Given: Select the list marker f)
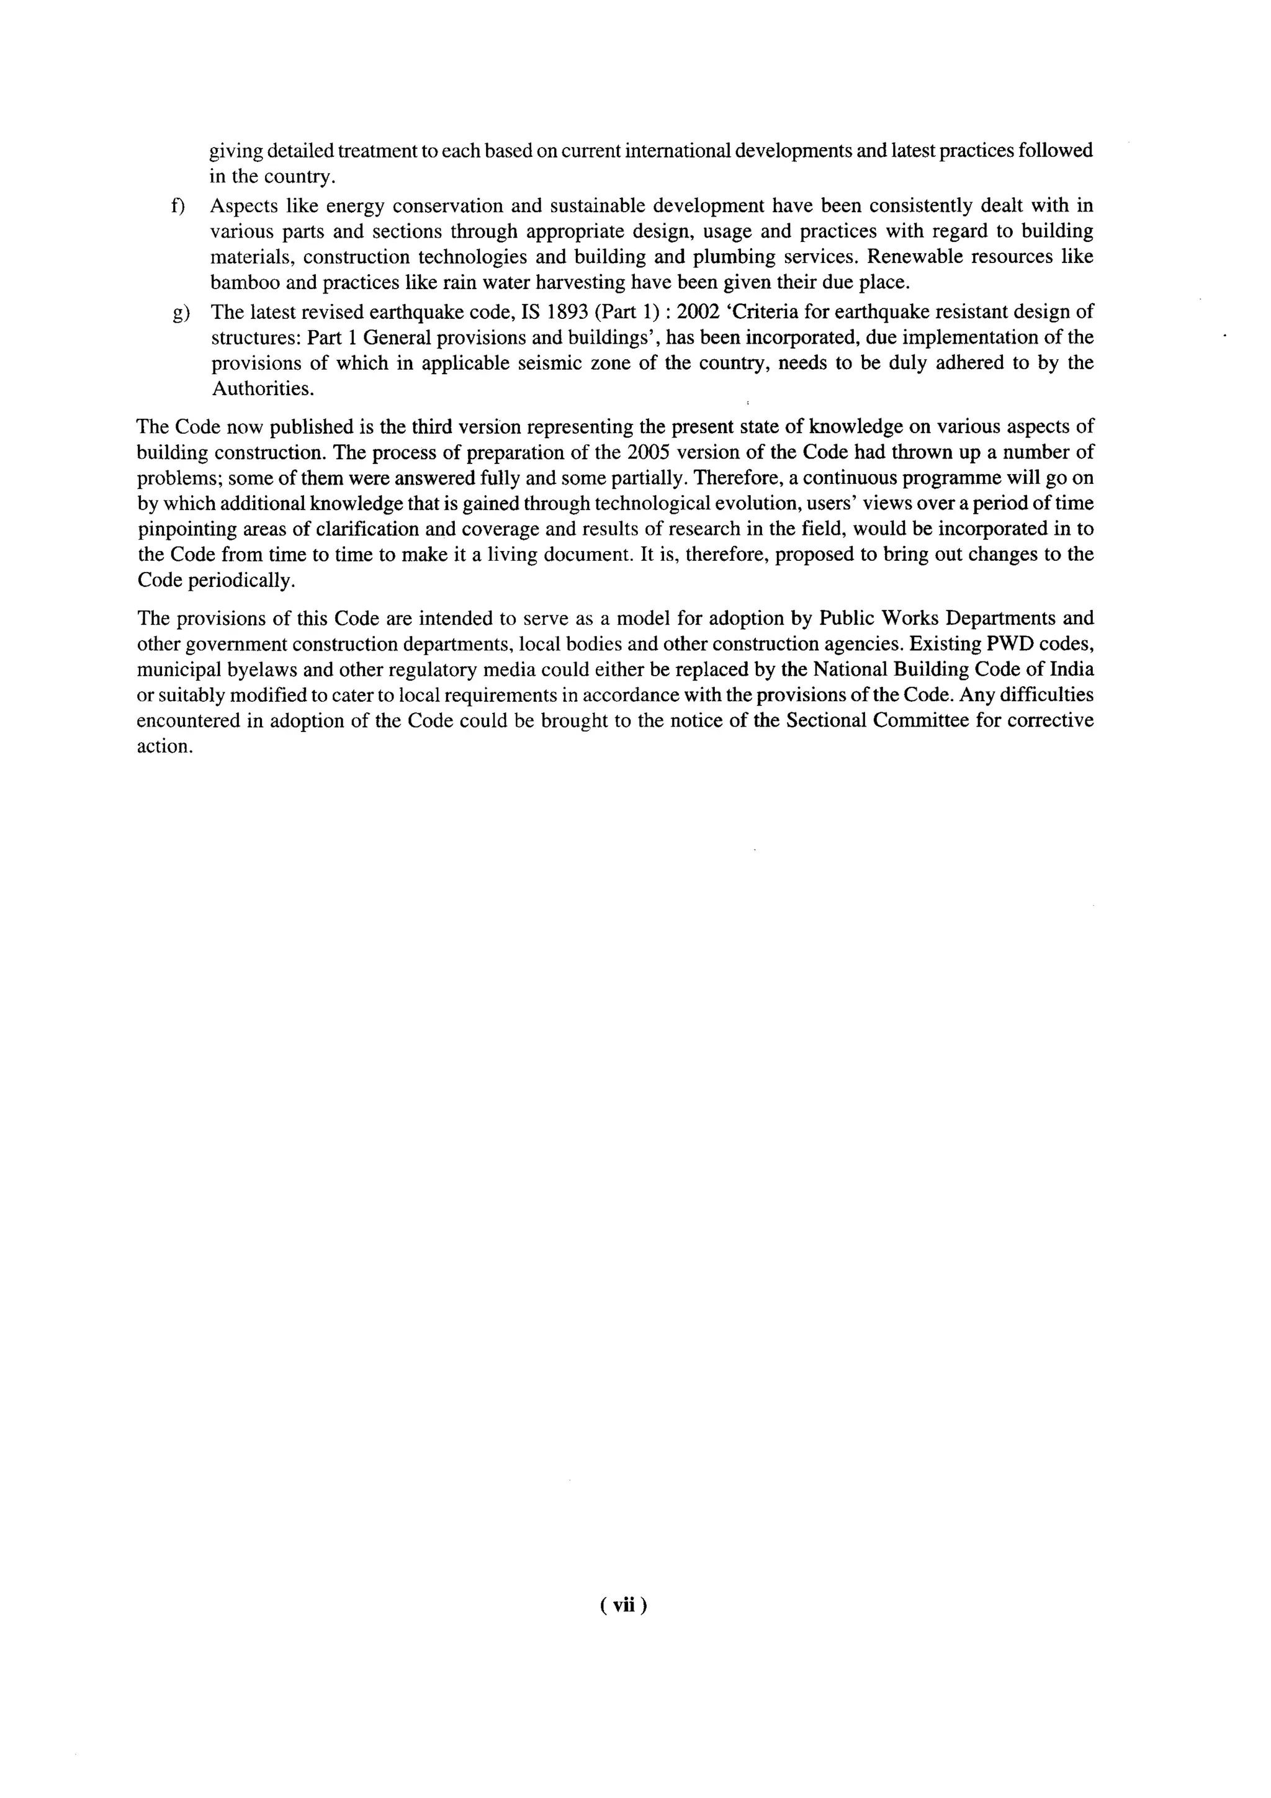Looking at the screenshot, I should pos(177,207).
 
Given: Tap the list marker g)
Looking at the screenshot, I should pos(179,313).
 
